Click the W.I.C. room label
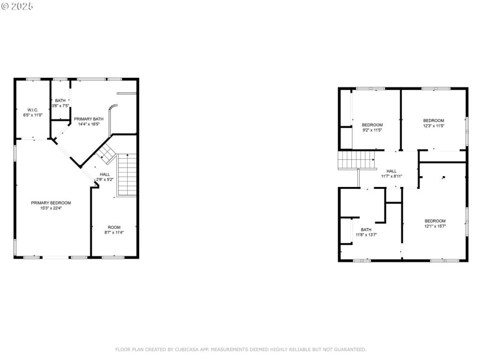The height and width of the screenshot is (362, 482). tap(33, 110)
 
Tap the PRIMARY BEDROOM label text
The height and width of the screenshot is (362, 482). tap(51, 203)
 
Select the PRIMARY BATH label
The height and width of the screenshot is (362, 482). tap(89, 119)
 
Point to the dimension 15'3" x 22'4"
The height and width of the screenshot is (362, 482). tap(51, 208)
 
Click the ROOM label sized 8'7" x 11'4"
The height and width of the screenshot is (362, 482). tap(114, 227)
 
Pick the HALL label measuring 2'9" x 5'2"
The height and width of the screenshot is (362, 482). tap(105, 174)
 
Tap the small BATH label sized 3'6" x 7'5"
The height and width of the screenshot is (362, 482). tap(60, 100)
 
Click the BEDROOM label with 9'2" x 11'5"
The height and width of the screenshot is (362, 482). tap(372, 125)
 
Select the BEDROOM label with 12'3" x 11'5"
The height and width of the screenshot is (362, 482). tap(433, 121)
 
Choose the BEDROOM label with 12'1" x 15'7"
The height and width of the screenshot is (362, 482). tap(435, 221)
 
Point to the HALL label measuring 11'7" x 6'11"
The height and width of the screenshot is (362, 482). tap(392, 171)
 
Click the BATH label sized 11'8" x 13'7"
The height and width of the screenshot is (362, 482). tap(366, 229)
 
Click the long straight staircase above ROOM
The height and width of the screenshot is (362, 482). tap(127, 175)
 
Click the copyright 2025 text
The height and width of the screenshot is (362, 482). tap(18, 6)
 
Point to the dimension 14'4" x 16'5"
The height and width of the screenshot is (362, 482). tap(89, 124)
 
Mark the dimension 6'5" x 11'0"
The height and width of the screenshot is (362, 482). tap(33, 115)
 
